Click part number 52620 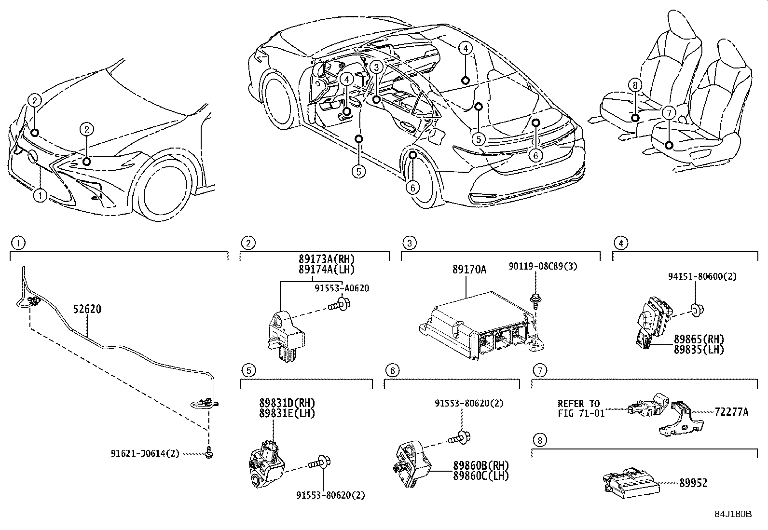tap(87, 309)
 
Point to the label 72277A tap(731, 412)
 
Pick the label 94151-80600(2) tap(702, 277)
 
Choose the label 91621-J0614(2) tap(145, 453)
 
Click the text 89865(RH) tap(699, 340)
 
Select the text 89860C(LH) tap(480, 476)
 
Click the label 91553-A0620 tap(342, 288)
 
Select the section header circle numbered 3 tap(409, 243)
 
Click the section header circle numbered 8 tap(540, 440)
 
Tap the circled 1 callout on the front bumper tap(40, 196)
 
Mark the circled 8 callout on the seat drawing tap(635, 85)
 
